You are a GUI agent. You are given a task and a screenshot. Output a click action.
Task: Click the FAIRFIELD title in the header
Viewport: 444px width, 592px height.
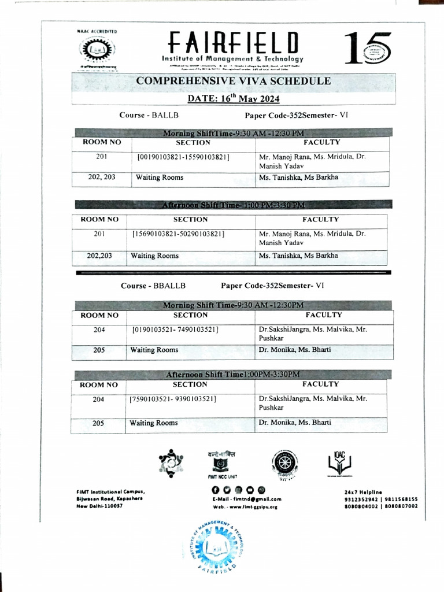click(234, 42)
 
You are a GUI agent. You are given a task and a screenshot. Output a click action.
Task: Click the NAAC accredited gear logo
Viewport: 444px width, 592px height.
click(92, 50)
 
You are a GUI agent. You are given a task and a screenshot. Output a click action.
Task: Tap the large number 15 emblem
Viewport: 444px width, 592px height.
click(368, 47)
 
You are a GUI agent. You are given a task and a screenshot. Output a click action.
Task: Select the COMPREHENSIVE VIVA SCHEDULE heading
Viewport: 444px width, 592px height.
click(234, 82)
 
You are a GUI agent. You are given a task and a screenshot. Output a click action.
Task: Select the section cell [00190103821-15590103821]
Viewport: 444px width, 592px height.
click(183, 157)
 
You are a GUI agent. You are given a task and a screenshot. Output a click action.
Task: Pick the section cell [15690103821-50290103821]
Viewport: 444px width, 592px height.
click(179, 234)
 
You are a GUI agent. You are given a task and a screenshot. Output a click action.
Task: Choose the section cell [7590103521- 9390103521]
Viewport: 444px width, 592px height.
click(173, 399)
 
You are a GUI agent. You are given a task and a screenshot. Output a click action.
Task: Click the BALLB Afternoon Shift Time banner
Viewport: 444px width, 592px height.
click(234, 205)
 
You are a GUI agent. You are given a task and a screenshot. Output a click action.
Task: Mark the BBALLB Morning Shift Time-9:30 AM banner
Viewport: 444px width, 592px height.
click(234, 305)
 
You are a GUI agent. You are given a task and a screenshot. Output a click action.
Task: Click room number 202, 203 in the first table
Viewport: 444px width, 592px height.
click(101, 177)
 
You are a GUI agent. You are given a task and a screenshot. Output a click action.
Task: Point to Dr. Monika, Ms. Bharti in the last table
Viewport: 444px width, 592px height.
click(295, 423)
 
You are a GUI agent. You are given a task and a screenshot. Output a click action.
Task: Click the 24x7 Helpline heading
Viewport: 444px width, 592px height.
click(362, 491)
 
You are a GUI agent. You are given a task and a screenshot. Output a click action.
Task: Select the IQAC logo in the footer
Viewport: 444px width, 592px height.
click(339, 462)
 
